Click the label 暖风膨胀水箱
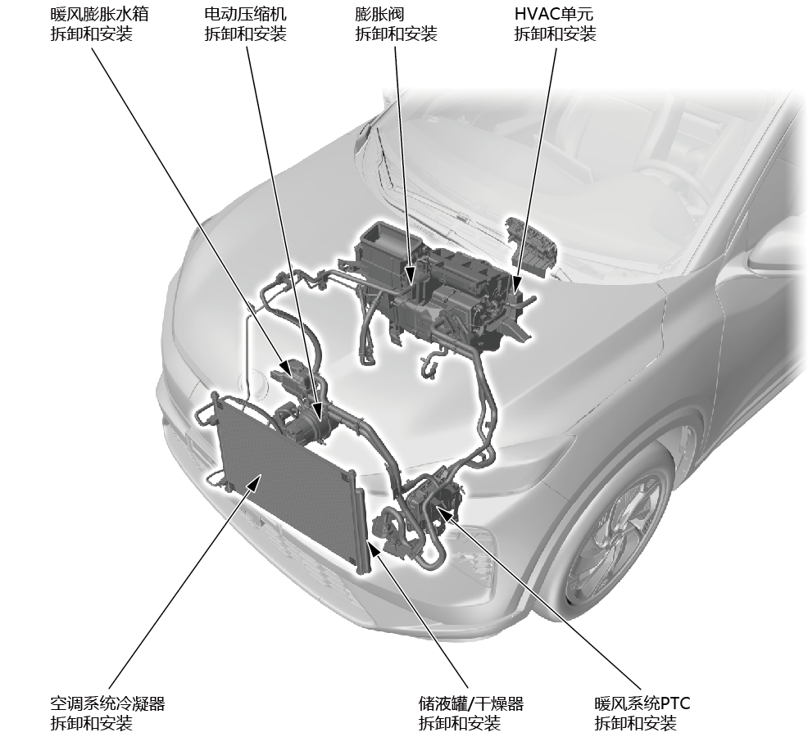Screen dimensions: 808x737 (x=99, y=13)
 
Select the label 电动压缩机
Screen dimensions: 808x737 (x=245, y=13)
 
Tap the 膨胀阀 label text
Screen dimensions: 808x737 (x=379, y=13)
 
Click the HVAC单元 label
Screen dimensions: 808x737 (x=554, y=13)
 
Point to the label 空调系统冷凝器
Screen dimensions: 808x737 (x=107, y=703)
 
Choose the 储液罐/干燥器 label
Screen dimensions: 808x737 (x=471, y=703)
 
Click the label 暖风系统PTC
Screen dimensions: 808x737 (x=642, y=703)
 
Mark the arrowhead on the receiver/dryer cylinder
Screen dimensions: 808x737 (x=374, y=551)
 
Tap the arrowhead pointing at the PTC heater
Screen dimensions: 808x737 (x=443, y=512)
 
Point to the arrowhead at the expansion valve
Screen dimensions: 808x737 (x=410, y=275)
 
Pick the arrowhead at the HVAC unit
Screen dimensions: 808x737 (x=516, y=285)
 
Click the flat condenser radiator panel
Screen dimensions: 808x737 (x=286, y=479)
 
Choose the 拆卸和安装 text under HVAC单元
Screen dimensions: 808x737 (x=555, y=34)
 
